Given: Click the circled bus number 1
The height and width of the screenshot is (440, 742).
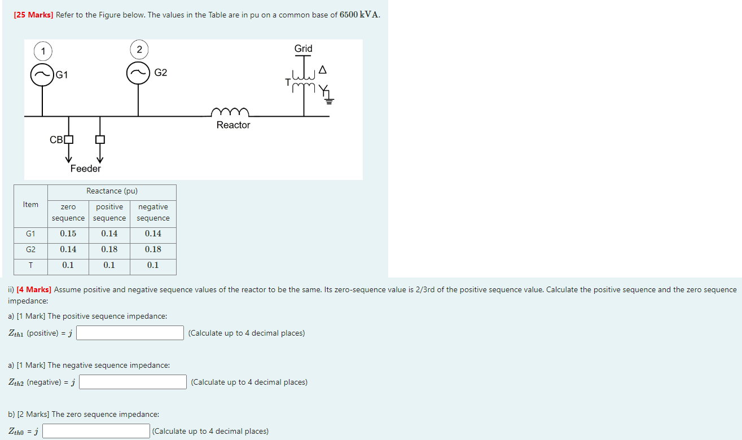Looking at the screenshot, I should [43, 51].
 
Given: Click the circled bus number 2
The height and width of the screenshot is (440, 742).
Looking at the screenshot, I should [139, 50].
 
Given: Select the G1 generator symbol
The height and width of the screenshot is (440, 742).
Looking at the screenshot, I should [42, 74].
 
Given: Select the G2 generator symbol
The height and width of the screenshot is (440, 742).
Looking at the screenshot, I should [138, 73].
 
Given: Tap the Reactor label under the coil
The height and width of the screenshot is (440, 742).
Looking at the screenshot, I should [233, 125].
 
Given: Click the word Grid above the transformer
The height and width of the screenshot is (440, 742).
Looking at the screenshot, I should [303, 49].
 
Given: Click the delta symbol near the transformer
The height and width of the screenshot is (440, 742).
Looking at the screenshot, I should [322, 69].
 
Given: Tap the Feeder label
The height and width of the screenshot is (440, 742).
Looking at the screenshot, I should [86, 169].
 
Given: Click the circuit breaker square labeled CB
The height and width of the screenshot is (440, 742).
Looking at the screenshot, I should [69, 139].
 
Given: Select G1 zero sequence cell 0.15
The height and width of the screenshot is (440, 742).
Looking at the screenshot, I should [68, 234].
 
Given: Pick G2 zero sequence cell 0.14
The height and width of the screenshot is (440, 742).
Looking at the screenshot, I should [68, 249].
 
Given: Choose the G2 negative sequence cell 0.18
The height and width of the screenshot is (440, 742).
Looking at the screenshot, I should [153, 249].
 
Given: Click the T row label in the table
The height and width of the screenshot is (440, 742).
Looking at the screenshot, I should [30, 265].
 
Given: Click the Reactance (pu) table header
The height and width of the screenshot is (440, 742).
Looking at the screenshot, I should [112, 191].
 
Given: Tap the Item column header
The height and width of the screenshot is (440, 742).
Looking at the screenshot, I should [30, 205].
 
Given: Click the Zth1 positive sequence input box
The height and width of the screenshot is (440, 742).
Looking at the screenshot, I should [130, 333].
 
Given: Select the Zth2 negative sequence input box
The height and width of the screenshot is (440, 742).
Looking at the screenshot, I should [133, 382].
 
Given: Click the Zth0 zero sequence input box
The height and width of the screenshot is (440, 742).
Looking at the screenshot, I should [96, 431].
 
